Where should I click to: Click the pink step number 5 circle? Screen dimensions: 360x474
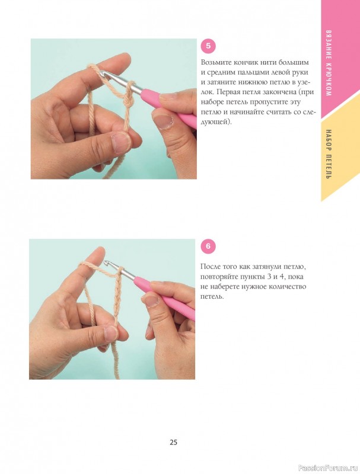208,46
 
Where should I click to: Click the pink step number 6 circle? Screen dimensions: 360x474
208,246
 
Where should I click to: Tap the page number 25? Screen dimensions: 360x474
173,442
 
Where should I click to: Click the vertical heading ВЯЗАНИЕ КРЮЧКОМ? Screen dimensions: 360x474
328,63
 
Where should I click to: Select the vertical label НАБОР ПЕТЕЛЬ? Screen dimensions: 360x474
328,154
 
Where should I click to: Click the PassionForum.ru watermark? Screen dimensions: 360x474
328,467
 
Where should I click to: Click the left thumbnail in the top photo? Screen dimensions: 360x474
122,141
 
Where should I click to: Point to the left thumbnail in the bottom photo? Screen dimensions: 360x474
111,333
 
